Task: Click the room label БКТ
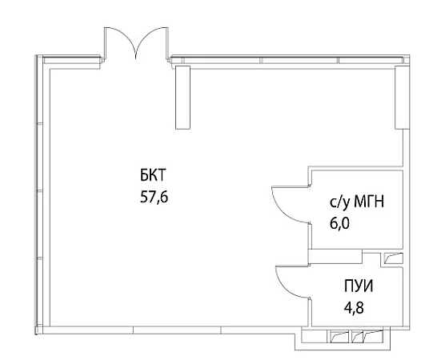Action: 152,174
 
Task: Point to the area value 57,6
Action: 154,196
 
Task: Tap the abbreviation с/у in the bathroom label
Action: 339,202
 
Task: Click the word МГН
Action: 369,202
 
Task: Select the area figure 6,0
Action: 339,223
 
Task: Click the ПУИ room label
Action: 359,286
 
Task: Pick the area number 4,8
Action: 354,307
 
